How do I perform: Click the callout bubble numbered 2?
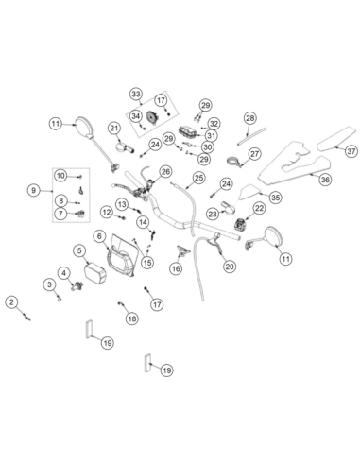click(11, 302)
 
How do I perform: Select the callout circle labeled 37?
click(351, 151)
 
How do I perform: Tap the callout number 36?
click(325, 180)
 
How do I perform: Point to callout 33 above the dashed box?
click(136, 94)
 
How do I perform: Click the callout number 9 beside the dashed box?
click(34, 190)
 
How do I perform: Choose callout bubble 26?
click(165, 172)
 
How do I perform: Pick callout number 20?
click(230, 267)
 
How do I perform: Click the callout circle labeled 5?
click(79, 250)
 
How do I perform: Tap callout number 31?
click(211, 136)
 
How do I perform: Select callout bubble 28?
click(250, 118)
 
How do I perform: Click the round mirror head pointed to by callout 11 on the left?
click(85, 127)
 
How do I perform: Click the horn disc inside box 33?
click(153, 117)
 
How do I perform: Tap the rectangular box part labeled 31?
click(188, 131)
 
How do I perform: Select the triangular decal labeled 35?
click(250, 192)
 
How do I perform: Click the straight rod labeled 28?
click(251, 136)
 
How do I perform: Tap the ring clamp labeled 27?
click(234, 161)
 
